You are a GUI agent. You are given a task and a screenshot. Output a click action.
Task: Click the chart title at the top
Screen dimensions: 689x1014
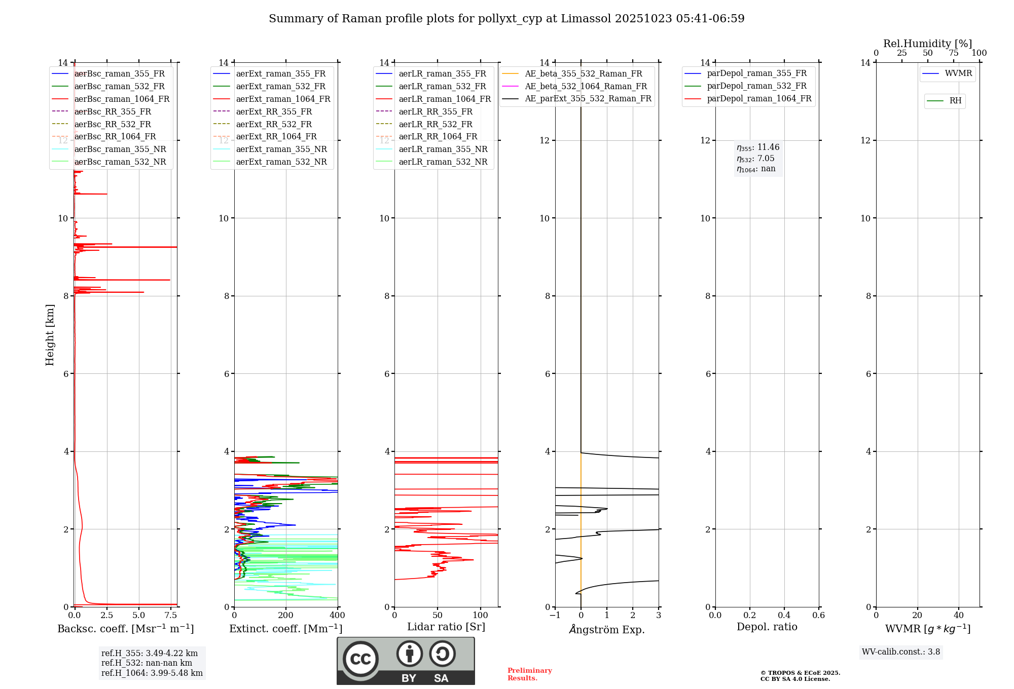(506, 19)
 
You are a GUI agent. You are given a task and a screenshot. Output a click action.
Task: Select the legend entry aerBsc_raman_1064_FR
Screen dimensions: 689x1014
(122, 99)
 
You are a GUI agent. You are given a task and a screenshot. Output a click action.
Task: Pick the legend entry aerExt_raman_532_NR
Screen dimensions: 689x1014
(281, 162)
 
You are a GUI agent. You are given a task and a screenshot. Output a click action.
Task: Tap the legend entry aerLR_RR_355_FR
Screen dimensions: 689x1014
(435, 112)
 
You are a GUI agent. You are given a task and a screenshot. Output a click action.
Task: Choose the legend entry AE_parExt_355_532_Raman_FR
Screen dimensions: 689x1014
(588, 99)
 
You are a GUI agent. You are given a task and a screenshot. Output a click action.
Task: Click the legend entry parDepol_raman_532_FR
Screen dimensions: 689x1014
(756, 86)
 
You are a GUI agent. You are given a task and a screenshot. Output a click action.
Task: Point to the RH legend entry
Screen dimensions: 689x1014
(955, 101)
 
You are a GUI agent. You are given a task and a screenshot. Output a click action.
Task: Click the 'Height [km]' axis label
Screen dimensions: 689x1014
(50, 334)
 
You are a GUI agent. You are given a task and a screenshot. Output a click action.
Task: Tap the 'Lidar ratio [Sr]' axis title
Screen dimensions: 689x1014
(446, 627)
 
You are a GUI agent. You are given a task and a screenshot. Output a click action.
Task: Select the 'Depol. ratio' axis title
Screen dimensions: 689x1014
(767, 627)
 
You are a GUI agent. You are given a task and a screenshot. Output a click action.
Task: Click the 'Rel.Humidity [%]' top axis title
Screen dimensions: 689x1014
(927, 44)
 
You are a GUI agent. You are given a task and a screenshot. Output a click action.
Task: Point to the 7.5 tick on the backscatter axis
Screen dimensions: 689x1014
(171, 616)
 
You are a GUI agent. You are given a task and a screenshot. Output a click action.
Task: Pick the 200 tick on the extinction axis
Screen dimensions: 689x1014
(286, 616)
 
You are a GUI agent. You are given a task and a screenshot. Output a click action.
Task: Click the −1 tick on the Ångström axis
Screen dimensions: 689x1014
(555, 616)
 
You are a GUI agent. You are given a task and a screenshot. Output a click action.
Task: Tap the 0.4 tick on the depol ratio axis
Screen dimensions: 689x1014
(784, 616)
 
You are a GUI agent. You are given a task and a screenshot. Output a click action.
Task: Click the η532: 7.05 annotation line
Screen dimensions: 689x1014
(755, 159)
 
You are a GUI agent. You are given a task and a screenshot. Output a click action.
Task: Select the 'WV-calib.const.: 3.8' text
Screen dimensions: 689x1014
(901, 652)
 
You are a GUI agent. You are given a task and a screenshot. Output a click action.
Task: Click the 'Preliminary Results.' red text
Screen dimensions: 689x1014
(529, 674)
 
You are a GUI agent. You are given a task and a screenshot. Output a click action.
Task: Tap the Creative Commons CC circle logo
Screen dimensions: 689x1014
(360, 659)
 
